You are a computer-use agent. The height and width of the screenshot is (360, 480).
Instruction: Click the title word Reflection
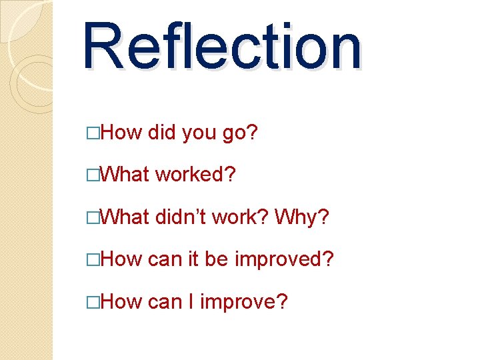point(222,47)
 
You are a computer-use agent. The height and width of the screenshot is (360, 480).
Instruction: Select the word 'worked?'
point(195,175)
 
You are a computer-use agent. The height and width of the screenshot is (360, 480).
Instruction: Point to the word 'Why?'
point(301,217)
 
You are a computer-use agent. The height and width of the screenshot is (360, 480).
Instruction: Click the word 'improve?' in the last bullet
point(244,302)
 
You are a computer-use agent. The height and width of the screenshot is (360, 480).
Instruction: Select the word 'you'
point(198,133)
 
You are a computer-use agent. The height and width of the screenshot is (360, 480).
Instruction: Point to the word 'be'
point(216,259)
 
